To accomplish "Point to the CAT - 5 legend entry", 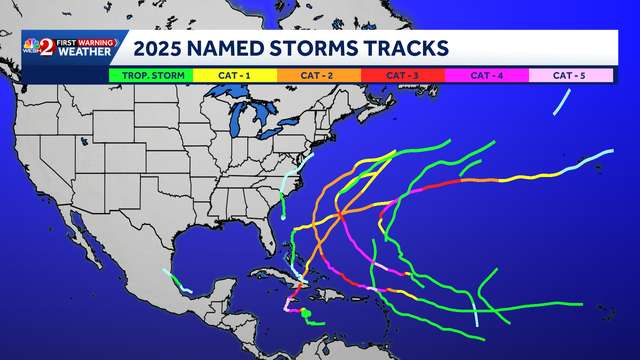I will (570, 74).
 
